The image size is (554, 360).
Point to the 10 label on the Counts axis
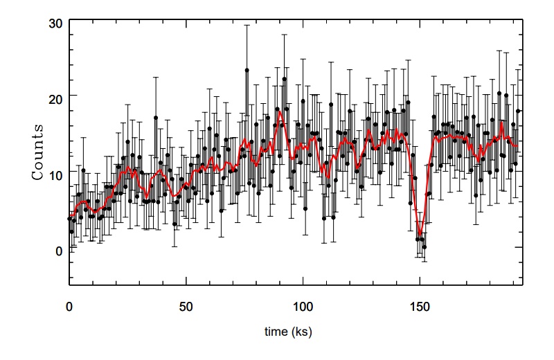pos(54,173)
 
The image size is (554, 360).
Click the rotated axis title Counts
pos(39,152)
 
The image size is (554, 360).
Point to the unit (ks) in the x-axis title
pos(303,332)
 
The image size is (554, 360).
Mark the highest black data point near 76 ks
pos(247,71)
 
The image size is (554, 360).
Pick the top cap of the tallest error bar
pos(247,26)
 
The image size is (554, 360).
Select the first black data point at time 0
pos(69,218)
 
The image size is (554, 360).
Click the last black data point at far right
pos(517,111)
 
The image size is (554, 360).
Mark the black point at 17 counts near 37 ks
pos(156,118)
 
